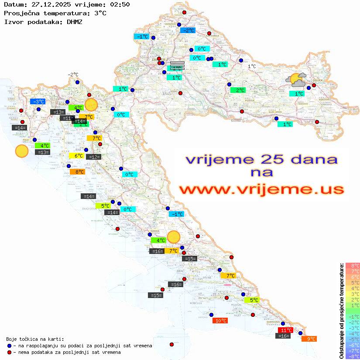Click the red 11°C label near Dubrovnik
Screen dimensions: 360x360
[x=285, y=330]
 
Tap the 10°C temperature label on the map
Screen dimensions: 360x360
[x=220, y=320]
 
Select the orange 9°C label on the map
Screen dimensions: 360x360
[x=309, y=339]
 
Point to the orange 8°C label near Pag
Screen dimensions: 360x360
[x=77, y=172]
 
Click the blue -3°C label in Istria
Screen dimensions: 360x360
[x=38, y=102]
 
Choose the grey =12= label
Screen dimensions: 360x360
[x=93, y=157]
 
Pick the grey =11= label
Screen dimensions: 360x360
[x=66, y=118]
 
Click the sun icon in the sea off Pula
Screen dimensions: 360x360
[x=21, y=151]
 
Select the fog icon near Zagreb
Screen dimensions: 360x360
[x=177, y=65]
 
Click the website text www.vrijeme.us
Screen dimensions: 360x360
[x=261, y=189]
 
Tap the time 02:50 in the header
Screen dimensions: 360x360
[x=120, y=4]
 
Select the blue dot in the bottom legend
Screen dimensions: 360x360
[x=9, y=346]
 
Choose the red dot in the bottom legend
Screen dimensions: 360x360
[x=9, y=352]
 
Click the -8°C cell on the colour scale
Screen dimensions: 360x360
[x=352, y=356]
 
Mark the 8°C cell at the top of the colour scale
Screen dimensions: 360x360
[x=352, y=265]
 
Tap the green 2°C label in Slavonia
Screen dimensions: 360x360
[x=238, y=90]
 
